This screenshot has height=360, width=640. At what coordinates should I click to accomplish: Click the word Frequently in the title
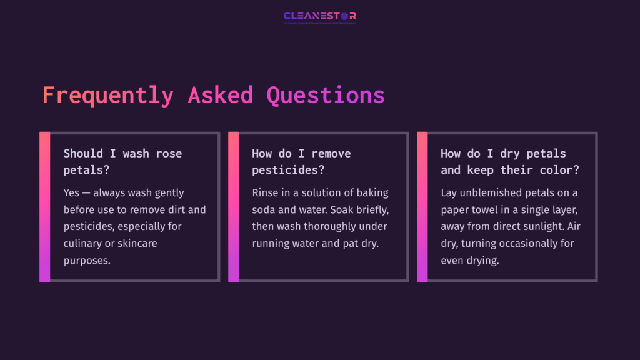(x=108, y=95)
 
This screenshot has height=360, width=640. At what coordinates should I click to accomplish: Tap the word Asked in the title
(x=221, y=95)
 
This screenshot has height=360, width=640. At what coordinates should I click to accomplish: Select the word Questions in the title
(x=326, y=95)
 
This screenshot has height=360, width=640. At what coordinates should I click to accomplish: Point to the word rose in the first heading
(x=169, y=153)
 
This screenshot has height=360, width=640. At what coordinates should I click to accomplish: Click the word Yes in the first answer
(x=71, y=193)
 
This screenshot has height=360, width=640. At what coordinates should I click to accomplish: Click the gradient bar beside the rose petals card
(x=44, y=207)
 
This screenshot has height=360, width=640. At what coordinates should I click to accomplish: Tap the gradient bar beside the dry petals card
(x=422, y=207)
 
